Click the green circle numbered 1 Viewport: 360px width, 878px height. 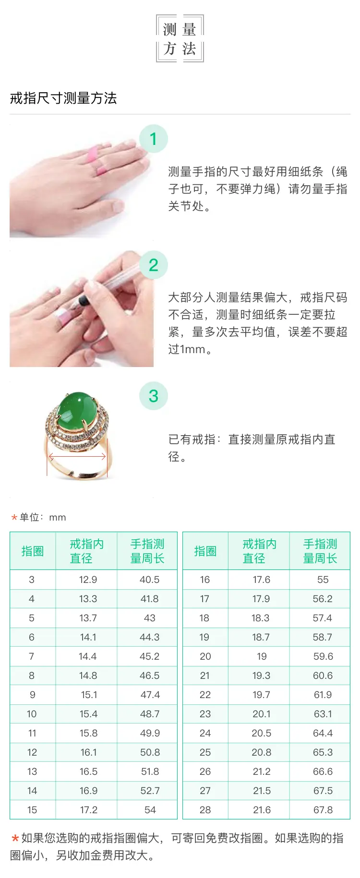(x=154, y=139)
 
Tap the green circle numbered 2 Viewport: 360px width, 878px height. (x=154, y=265)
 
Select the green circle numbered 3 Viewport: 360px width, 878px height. (x=154, y=396)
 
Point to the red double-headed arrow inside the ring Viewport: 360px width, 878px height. (x=77, y=457)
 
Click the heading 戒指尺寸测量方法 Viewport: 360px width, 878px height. (x=63, y=98)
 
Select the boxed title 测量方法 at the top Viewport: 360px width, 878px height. (x=180, y=38)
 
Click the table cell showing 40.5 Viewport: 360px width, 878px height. (x=150, y=580)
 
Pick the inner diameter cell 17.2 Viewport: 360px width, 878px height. (x=89, y=810)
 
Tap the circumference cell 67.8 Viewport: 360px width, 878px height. (x=323, y=810)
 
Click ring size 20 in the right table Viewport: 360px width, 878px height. (x=205, y=656)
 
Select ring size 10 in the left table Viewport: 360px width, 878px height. (x=32, y=714)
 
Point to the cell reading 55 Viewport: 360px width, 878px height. (x=323, y=580)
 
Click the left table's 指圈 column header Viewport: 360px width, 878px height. (x=33, y=551)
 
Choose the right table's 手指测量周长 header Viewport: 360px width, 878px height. (x=320, y=551)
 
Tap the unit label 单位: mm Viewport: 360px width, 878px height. (x=43, y=517)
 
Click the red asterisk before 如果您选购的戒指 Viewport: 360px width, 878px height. (x=15, y=839)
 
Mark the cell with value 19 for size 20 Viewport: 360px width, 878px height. (x=262, y=656)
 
